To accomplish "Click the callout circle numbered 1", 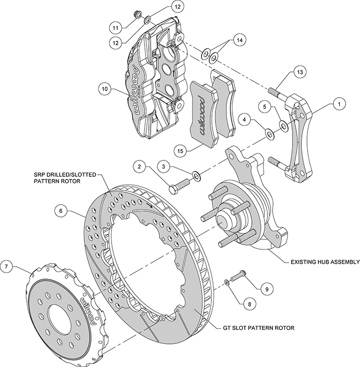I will [338, 104].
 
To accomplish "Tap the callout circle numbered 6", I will [61, 210].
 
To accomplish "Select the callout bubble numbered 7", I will [6, 267].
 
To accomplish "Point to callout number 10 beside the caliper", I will [104, 89].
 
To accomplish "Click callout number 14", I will [239, 40].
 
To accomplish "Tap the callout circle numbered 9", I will [266, 289].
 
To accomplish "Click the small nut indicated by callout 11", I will [137, 13].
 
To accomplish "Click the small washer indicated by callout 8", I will [226, 283].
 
